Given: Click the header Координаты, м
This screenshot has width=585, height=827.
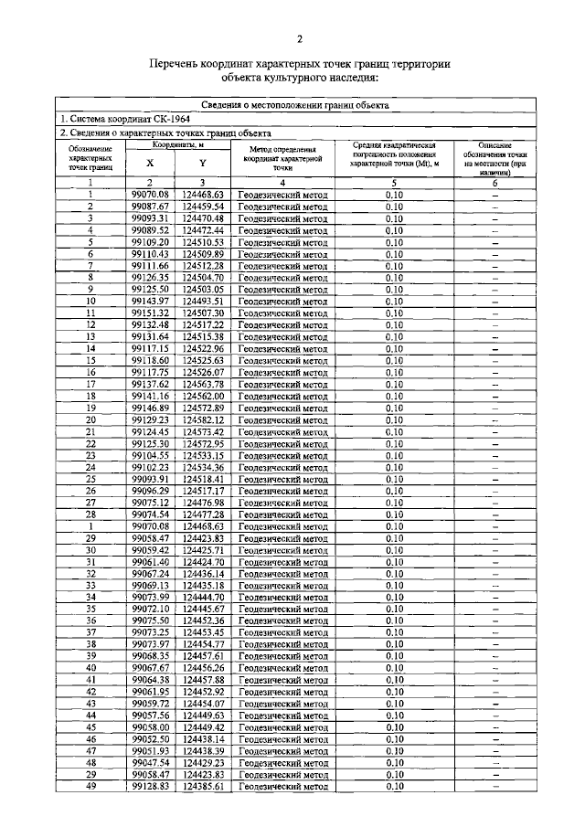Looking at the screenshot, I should pyautogui.click(x=176, y=144).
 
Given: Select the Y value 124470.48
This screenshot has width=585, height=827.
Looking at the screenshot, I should pyautogui.click(x=203, y=218).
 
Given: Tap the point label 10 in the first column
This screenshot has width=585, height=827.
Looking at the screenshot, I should pyautogui.click(x=91, y=301).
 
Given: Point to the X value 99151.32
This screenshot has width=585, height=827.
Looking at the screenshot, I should pyautogui.click(x=150, y=313).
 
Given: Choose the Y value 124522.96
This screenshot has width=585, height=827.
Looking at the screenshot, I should pyautogui.click(x=203, y=348).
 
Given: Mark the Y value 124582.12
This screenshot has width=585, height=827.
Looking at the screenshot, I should pyautogui.click(x=203, y=419).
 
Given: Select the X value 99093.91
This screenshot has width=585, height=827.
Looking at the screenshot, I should pyautogui.click(x=150, y=478).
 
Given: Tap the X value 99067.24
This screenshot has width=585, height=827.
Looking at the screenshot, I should pyautogui.click(x=150, y=573).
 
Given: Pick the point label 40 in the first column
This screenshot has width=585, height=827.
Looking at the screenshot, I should pyautogui.click(x=91, y=667).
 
